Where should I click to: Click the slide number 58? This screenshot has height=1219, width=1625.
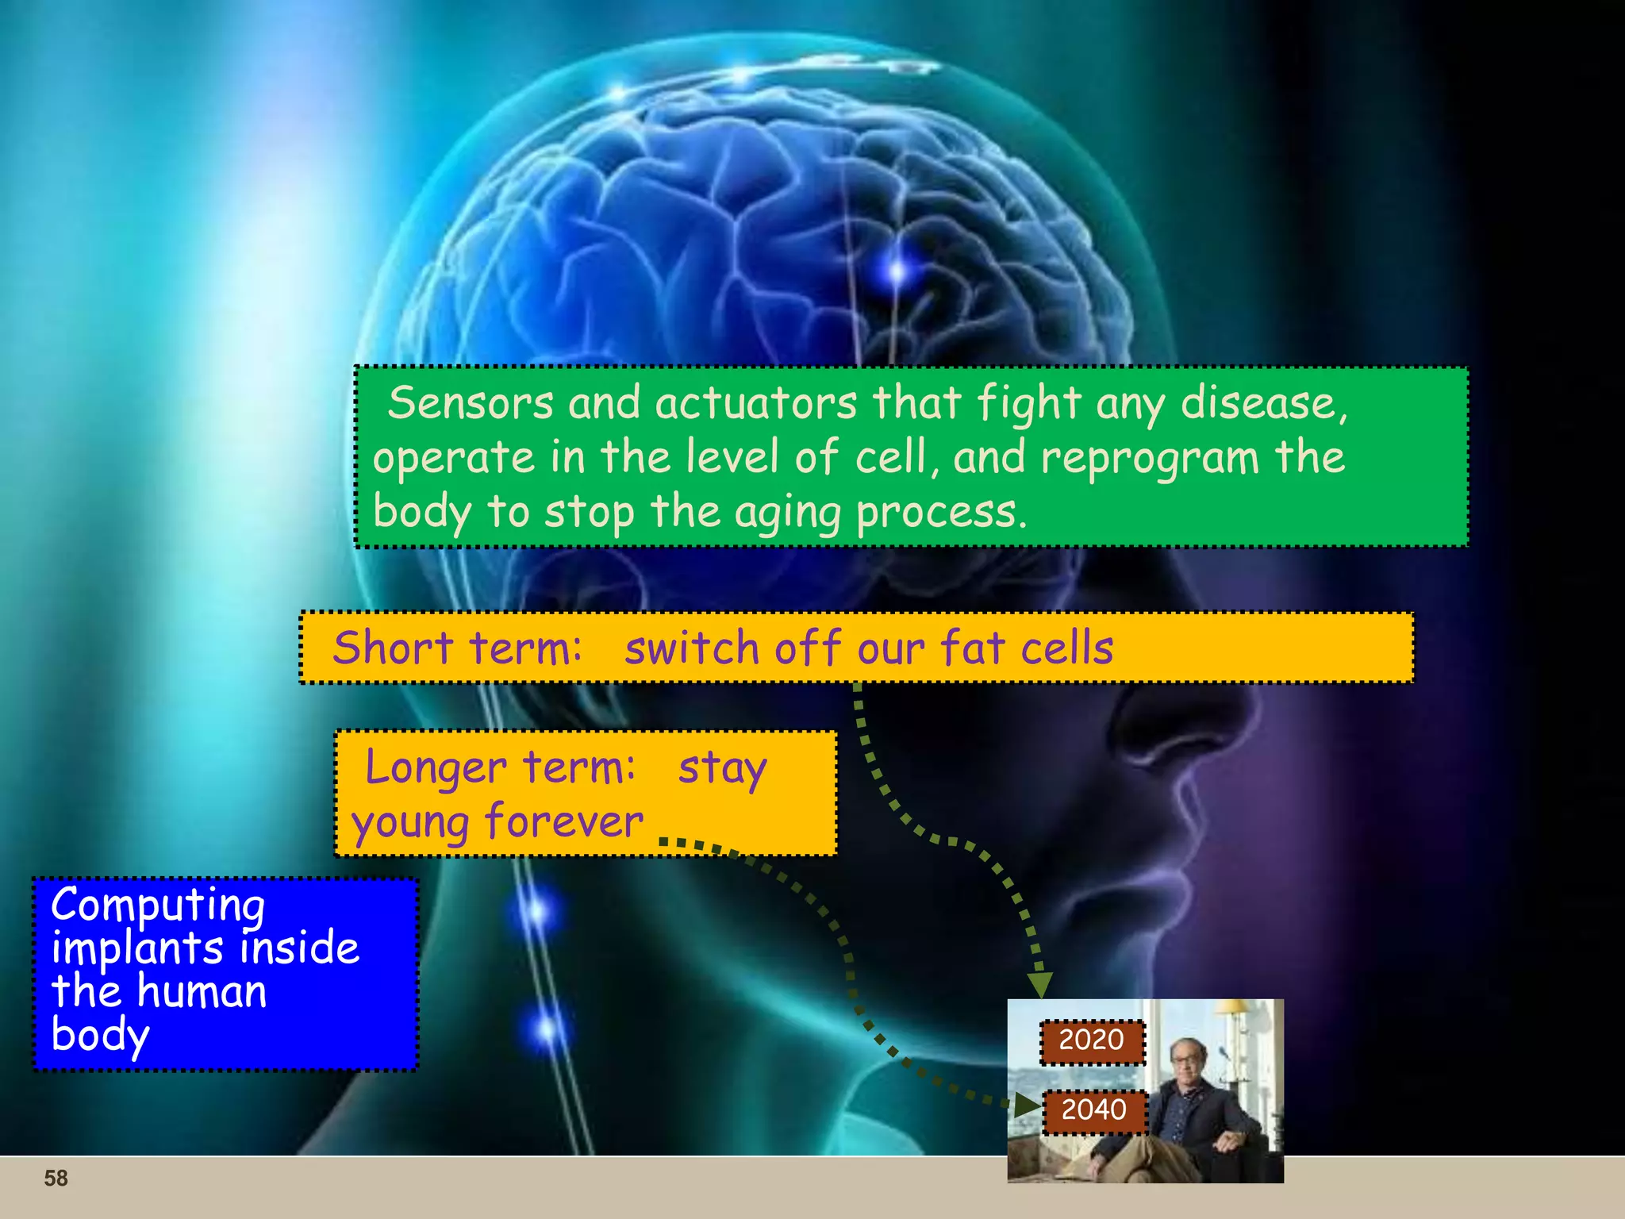click(56, 1179)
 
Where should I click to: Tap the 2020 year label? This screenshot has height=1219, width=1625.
click(1092, 1040)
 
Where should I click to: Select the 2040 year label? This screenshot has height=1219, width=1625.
click(1093, 1109)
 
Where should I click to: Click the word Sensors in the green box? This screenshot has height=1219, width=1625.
click(471, 402)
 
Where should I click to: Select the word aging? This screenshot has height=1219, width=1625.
click(788, 513)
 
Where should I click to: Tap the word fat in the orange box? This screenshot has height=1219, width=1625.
click(973, 648)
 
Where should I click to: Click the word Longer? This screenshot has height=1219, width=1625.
click(436, 768)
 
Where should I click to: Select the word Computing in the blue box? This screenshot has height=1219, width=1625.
click(158, 906)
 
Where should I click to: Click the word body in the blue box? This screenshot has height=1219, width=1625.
click(100, 1036)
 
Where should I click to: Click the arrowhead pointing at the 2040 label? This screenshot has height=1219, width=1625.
click(1027, 1104)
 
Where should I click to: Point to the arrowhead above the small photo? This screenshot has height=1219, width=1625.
click(1040, 985)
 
